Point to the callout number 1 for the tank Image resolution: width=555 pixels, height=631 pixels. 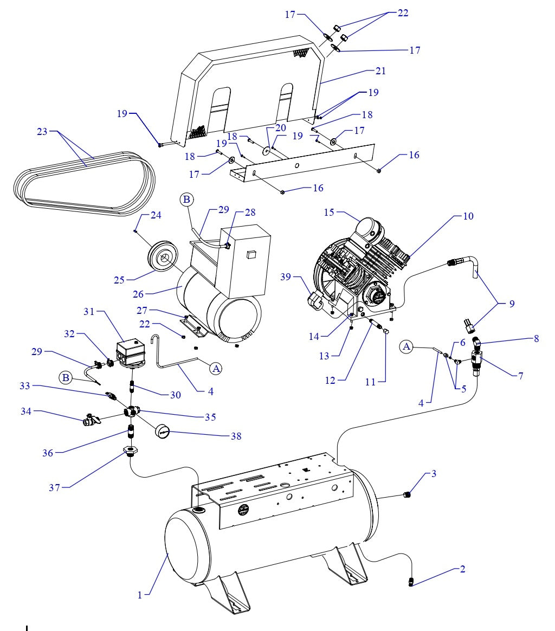point(140,595)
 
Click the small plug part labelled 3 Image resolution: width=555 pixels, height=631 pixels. point(408,493)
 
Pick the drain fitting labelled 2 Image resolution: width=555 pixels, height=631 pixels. point(412,582)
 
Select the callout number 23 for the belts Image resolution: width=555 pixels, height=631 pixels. point(42,131)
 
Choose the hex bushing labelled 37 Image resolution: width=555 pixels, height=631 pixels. point(131,450)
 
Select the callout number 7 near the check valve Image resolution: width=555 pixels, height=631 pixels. point(520,375)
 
